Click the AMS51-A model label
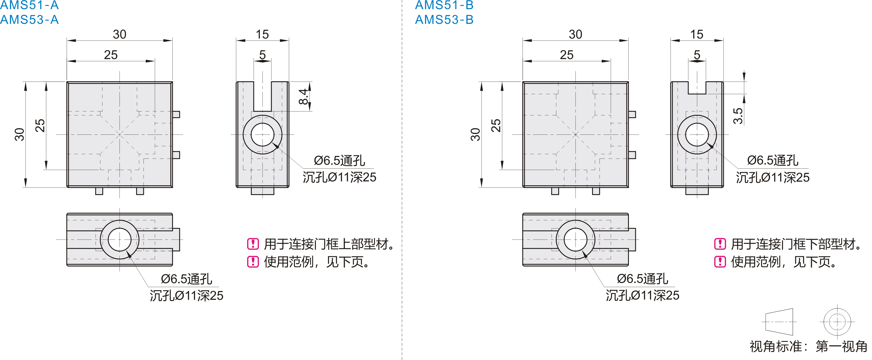[29, 5]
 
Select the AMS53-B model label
[444, 20]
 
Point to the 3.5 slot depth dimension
[738, 116]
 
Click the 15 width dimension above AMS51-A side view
[262, 34]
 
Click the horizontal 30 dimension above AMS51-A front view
[119, 34]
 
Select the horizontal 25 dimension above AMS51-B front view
[566, 55]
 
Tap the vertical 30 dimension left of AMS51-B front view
[475, 135]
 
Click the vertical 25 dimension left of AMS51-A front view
[40, 125]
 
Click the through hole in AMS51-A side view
[262, 135]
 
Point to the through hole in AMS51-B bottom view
[575, 239]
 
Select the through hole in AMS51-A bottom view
[119, 239]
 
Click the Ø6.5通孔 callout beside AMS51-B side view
[772, 160]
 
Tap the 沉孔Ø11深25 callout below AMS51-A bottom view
[187, 296]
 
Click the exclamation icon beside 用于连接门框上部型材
[253, 244]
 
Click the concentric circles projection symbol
[837, 321]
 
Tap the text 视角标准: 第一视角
[808, 346]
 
